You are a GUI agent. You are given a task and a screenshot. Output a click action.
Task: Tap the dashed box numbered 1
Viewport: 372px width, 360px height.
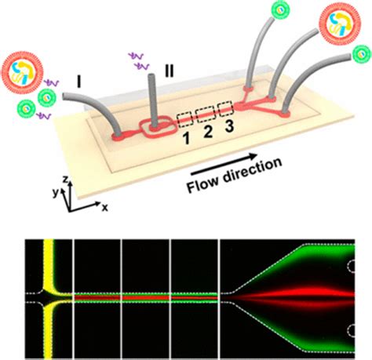click(187, 120)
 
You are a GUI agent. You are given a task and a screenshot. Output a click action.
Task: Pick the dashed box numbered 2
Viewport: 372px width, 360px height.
click(207, 115)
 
